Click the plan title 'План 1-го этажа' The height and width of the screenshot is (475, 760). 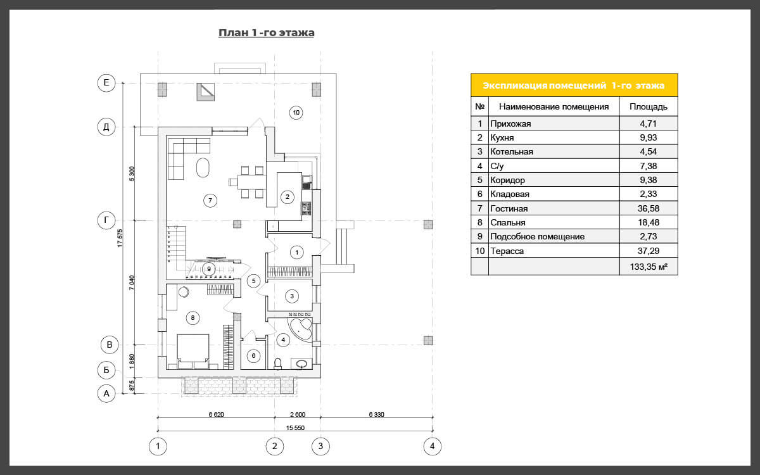click(267, 33)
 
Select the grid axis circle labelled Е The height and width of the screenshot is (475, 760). click(106, 83)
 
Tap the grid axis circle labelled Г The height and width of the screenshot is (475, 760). click(106, 220)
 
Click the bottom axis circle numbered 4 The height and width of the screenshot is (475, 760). click(432, 446)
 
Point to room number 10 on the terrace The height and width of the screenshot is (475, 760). click(296, 113)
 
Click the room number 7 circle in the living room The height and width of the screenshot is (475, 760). click(210, 201)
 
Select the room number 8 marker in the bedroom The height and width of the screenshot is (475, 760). click(193, 318)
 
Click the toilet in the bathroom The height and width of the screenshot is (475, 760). click(277, 364)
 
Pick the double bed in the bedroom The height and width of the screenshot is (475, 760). click(193, 351)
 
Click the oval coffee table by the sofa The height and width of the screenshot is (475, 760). click(203, 168)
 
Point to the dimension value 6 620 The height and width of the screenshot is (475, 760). click(216, 414)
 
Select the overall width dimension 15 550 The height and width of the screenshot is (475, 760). click(295, 428)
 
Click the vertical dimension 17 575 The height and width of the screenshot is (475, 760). click(120, 238)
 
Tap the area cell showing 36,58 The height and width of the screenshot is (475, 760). click(649, 208)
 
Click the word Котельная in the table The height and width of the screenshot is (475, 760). click(512, 151)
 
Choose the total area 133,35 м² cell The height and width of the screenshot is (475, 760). click(649, 267)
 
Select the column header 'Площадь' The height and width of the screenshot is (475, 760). click(649, 106)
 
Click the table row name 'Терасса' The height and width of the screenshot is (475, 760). click(507, 251)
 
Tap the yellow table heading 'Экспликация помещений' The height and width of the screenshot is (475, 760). click(544, 85)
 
